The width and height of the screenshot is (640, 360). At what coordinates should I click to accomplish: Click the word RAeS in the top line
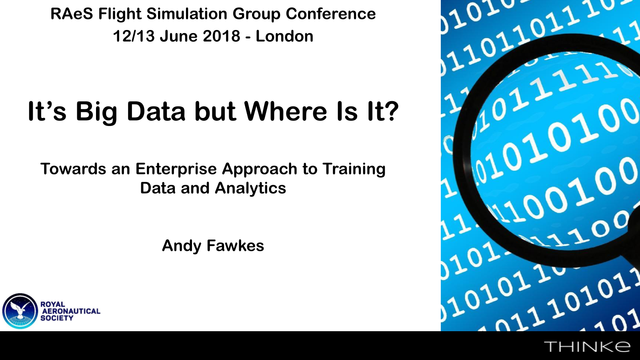coord(72,14)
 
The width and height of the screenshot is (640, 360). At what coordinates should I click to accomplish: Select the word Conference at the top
coord(330,14)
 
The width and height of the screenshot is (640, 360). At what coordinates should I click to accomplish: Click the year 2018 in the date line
coord(222,36)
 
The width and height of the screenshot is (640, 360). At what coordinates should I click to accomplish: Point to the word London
coord(284,36)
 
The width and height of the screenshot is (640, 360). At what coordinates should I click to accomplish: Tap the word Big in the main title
coord(96,112)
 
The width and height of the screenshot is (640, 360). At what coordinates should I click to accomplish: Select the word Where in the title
coord(286,111)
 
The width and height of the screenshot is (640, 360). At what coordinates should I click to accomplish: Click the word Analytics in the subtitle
coord(250,188)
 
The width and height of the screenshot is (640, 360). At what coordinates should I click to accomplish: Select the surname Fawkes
coord(235,246)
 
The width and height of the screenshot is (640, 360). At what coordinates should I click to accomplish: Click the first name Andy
coord(182,246)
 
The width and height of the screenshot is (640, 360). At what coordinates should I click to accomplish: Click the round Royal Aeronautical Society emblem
coord(20,311)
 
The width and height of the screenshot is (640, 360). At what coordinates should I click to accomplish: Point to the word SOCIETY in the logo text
coord(57,318)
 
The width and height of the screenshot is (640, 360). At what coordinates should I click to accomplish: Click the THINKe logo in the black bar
coord(587,346)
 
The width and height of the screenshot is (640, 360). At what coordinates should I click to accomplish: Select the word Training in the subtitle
coord(354,169)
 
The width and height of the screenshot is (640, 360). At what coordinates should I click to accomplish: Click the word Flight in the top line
coord(120,14)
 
